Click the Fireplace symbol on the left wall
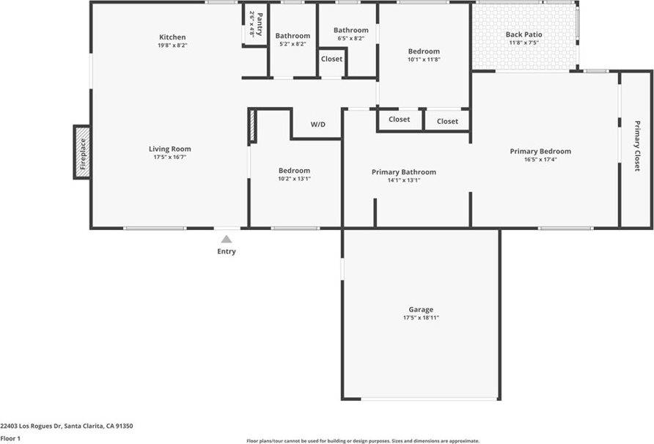[x=81, y=152]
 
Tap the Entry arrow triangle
[x=227, y=239]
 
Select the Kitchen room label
[x=172, y=37]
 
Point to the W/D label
[x=317, y=125]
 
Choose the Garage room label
[x=421, y=309]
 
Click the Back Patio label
[x=523, y=34]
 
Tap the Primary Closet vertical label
[x=636, y=145]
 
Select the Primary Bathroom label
[x=403, y=172]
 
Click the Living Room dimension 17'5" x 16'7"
[x=170, y=157]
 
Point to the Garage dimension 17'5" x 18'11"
[x=421, y=317]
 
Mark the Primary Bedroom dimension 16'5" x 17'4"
[x=540, y=159]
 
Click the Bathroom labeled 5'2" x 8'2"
[x=293, y=36]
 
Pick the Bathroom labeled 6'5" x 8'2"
[x=350, y=31]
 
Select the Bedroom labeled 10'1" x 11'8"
[x=424, y=51]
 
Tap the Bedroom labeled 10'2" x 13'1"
[x=293, y=171]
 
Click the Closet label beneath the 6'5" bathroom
[x=331, y=59]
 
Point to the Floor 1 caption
[x=10, y=438]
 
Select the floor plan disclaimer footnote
[x=363, y=441]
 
